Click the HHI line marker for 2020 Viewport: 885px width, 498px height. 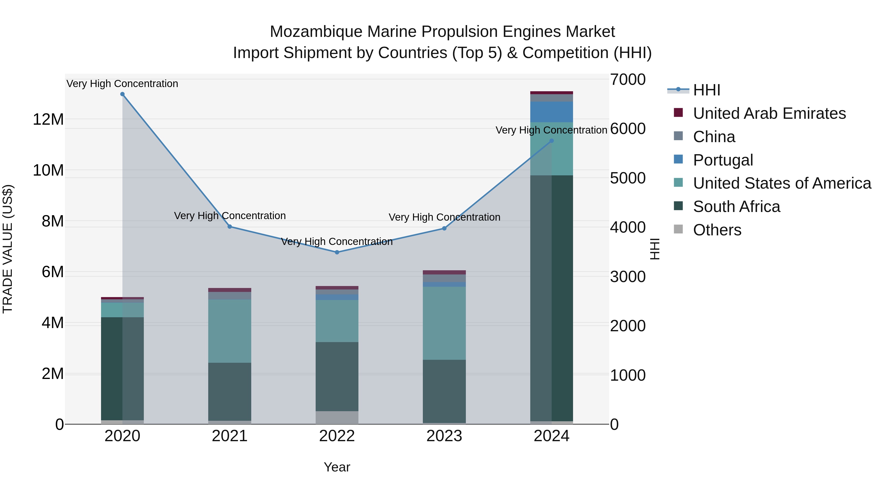coord(122,94)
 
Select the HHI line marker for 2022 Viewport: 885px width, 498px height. coord(337,252)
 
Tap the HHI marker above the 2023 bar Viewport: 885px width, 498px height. coord(444,228)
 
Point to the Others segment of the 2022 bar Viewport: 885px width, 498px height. coord(337,417)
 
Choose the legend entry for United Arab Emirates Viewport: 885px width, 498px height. coord(769,113)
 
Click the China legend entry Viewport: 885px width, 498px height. coord(714,137)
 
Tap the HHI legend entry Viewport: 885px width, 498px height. coord(706,90)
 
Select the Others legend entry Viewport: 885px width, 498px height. coord(717,230)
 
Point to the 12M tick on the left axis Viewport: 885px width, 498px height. coord(48,120)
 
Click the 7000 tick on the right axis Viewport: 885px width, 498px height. coord(628,80)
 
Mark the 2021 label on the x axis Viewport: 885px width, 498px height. coord(230,436)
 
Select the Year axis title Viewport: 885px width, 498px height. coord(337,467)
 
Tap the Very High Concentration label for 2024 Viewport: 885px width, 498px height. coord(551,130)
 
